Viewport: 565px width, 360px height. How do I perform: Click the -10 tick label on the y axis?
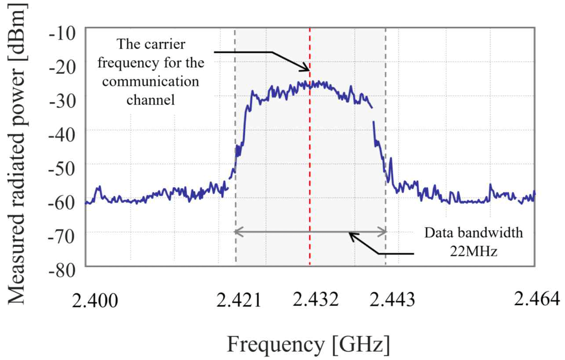[x=65, y=33]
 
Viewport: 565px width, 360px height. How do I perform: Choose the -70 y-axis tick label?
[x=65, y=237]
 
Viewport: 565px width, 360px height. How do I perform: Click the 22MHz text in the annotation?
[x=473, y=252]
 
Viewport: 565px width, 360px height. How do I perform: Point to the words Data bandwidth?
[x=473, y=233]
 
